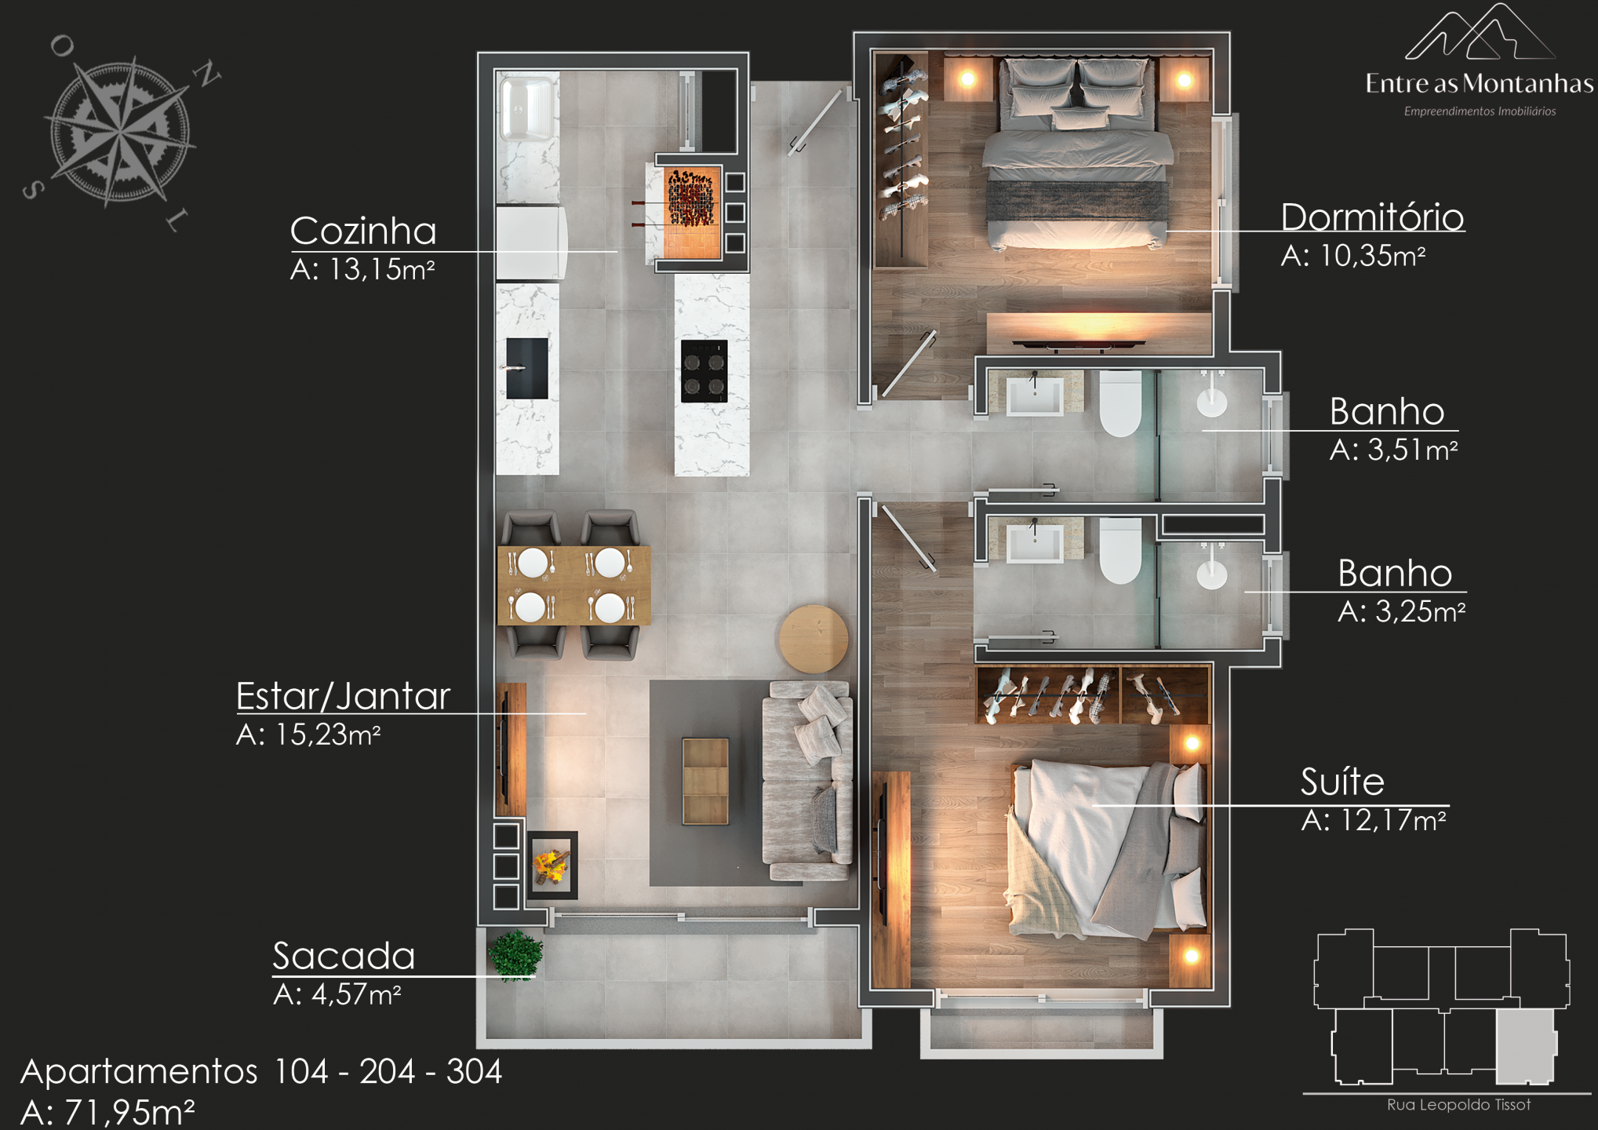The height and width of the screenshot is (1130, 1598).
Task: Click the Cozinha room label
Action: [363, 231]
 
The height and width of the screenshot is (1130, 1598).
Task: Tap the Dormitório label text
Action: [1372, 217]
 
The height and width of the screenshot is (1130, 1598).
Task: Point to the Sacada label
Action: [344, 956]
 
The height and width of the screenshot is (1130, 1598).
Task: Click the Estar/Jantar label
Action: [344, 697]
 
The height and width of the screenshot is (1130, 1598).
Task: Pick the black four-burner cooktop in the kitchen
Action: [704, 371]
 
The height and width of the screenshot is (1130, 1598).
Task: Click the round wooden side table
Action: [814, 638]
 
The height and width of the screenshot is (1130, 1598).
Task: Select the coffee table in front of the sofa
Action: [705, 781]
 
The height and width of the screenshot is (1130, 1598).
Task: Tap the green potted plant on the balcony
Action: [515, 955]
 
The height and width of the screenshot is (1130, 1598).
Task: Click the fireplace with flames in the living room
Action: [552, 865]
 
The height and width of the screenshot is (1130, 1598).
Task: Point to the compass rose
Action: [119, 130]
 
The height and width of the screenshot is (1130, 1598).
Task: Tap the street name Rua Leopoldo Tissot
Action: [1458, 1105]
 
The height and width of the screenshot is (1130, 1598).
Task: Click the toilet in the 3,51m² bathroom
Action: [1120, 403]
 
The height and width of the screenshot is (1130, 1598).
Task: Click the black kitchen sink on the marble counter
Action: [526, 368]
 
